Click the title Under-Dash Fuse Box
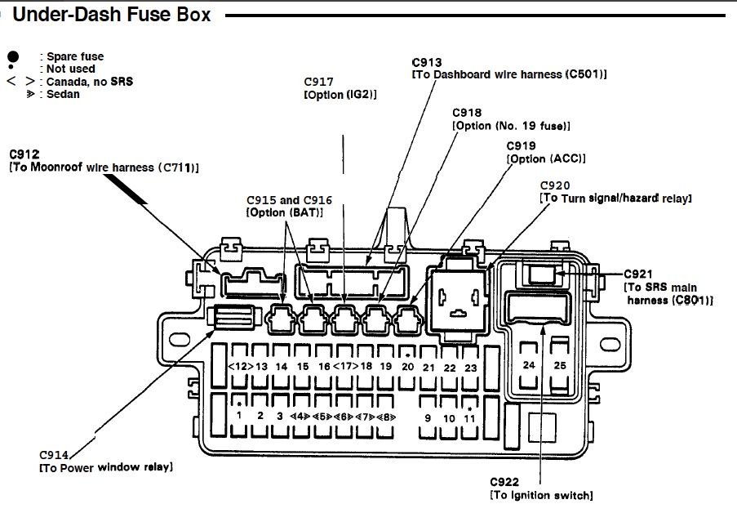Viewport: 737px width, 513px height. point(111,15)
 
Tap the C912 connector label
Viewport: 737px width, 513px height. point(24,154)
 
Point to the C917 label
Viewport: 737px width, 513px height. point(318,82)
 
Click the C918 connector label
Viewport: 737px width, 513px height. point(467,113)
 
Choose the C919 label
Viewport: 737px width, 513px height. point(522,145)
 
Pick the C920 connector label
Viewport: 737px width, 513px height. point(555,185)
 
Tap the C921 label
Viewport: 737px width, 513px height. point(639,274)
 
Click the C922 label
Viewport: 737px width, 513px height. point(505,482)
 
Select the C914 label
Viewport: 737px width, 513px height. point(55,454)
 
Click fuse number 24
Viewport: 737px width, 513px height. point(529,365)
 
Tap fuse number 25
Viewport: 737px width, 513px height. point(560,365)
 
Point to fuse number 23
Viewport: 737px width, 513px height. point(470,368)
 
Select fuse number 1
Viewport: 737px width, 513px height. point(239,416)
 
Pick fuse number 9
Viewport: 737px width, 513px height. point(427,417)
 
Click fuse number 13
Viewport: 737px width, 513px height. point(261,367)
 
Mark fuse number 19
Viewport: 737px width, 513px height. point(386,367)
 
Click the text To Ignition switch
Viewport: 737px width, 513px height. point(541,495)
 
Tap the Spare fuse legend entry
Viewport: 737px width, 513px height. point(74,56)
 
